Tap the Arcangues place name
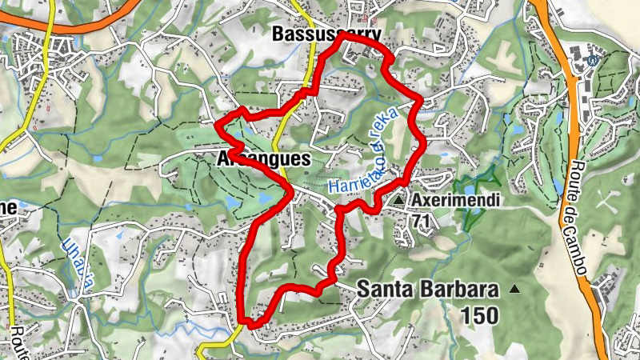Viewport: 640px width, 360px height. (x=263, y=159)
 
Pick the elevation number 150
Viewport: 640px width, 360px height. (x=480, y=315)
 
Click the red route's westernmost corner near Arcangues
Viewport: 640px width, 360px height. (x=219, y=124)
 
